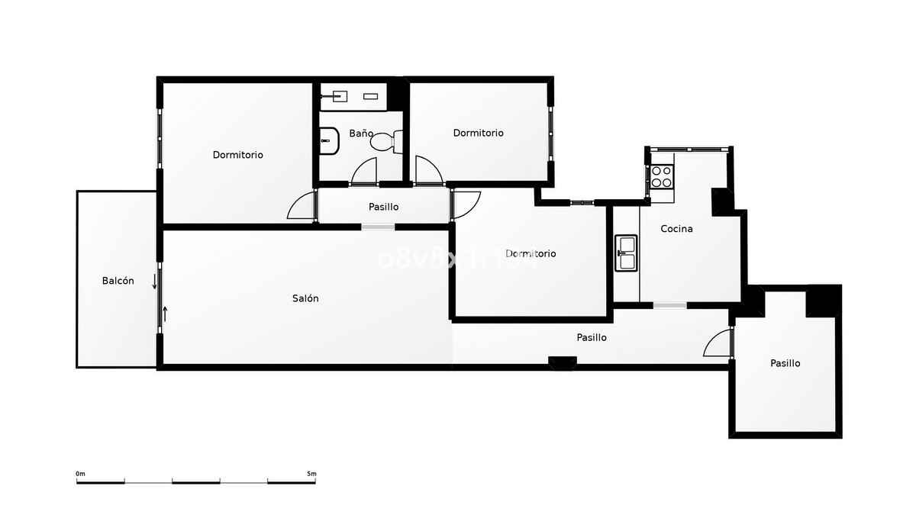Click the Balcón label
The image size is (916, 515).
coord(118,281)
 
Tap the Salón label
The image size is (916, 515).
coord(305,298)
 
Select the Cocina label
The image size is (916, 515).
coord(676,229)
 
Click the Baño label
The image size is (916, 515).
coord(361,134)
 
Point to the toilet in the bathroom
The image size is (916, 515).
coord(383,141)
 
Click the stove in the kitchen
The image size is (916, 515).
coord(661,177)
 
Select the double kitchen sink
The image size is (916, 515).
coord(626,253)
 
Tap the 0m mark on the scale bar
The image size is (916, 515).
coord(80,474)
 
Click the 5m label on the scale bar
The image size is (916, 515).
coord(311,474)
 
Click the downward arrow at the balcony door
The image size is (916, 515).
coord(154,282)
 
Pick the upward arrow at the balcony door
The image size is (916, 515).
coord(165,313)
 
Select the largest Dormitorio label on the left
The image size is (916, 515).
coord(237,155)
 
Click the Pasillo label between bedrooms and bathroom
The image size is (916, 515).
coord(383,207)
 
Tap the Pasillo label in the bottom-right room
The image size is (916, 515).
coord(785,364)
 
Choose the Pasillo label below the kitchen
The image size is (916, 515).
coord(592,337)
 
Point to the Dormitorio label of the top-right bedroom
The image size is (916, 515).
coord(478,133)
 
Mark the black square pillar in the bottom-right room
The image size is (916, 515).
coord(824,301)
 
